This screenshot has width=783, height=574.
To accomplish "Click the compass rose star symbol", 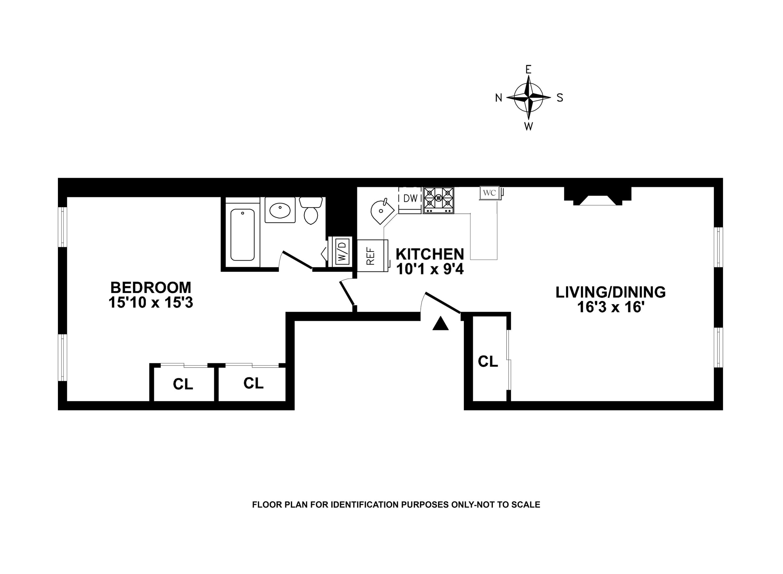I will click(x=528, y=98).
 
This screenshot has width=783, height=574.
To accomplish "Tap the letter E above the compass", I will click(x=528, y=70).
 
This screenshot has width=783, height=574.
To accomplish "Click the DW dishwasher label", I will click(x=410, y=199).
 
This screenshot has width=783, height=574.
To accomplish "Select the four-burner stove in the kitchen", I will click(x=438, y=200).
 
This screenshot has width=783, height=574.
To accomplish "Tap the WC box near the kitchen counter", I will click(x=489, y=193).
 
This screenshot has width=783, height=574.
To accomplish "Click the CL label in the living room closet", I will click(x=488, y=362).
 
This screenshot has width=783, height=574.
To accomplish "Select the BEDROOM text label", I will click(x=150, y=288).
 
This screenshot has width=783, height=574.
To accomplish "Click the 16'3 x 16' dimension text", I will click(x=610, y=307).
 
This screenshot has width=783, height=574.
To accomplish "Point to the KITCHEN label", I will click(x=430, y=254).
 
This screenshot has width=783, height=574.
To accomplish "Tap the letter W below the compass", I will click(x=528, y=126).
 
